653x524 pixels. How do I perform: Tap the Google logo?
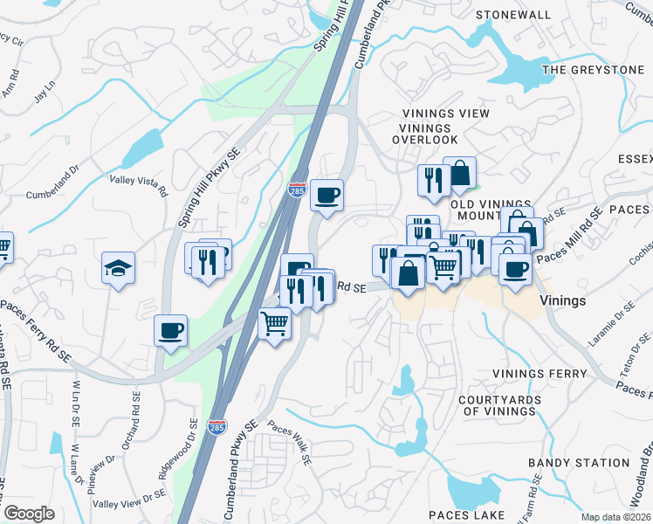pyautogui.click(x=29, y=514)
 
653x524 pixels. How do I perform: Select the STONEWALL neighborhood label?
pyautogui.click(x=512, y=15)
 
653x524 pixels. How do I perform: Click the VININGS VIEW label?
pyautogui.click(x=445, y=114)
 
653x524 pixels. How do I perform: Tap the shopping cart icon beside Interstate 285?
pyautogui.click(x=275, y=323)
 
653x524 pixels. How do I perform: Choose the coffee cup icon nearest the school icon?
pyautogui.click(x=170, y=331)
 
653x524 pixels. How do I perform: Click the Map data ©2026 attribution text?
pyautogui.click(x=615, y=517)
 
